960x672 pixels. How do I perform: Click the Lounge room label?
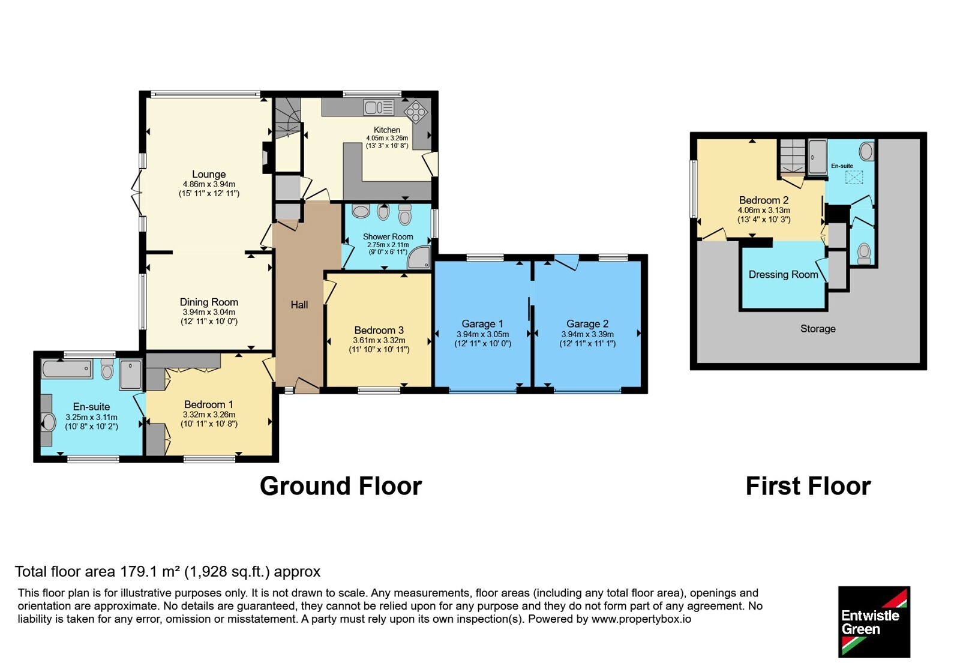point(209,175)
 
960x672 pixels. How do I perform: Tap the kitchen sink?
point(379,107)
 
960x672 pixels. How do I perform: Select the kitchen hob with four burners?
point(416,111)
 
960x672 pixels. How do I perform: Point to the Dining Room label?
point(209,302)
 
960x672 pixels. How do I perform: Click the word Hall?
point(299,305)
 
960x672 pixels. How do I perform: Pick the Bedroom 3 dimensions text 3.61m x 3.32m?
point(379,340)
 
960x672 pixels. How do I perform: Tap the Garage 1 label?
point(482,324)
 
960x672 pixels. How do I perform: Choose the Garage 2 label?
point(587,324)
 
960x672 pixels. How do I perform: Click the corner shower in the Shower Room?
point(418,257)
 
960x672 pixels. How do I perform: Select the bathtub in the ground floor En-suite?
point(67,369)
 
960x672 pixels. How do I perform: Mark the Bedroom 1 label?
point(209,404)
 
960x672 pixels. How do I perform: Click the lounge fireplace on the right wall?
point(267,157)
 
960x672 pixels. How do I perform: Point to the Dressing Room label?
point(783,275)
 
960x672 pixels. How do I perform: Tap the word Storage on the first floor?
point(818,329)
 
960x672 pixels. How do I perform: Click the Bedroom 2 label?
point(764,200)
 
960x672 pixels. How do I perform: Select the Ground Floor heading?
point(341,486)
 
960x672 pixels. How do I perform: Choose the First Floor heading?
point(808,486)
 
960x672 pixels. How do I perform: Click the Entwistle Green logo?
point(874,622)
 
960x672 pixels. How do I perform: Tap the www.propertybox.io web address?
point(641,619)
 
